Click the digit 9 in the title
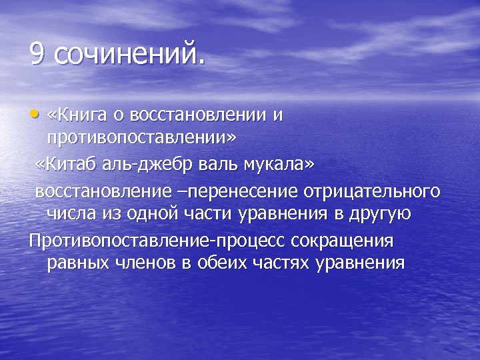click(38, 54)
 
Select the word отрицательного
click(372, 192)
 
